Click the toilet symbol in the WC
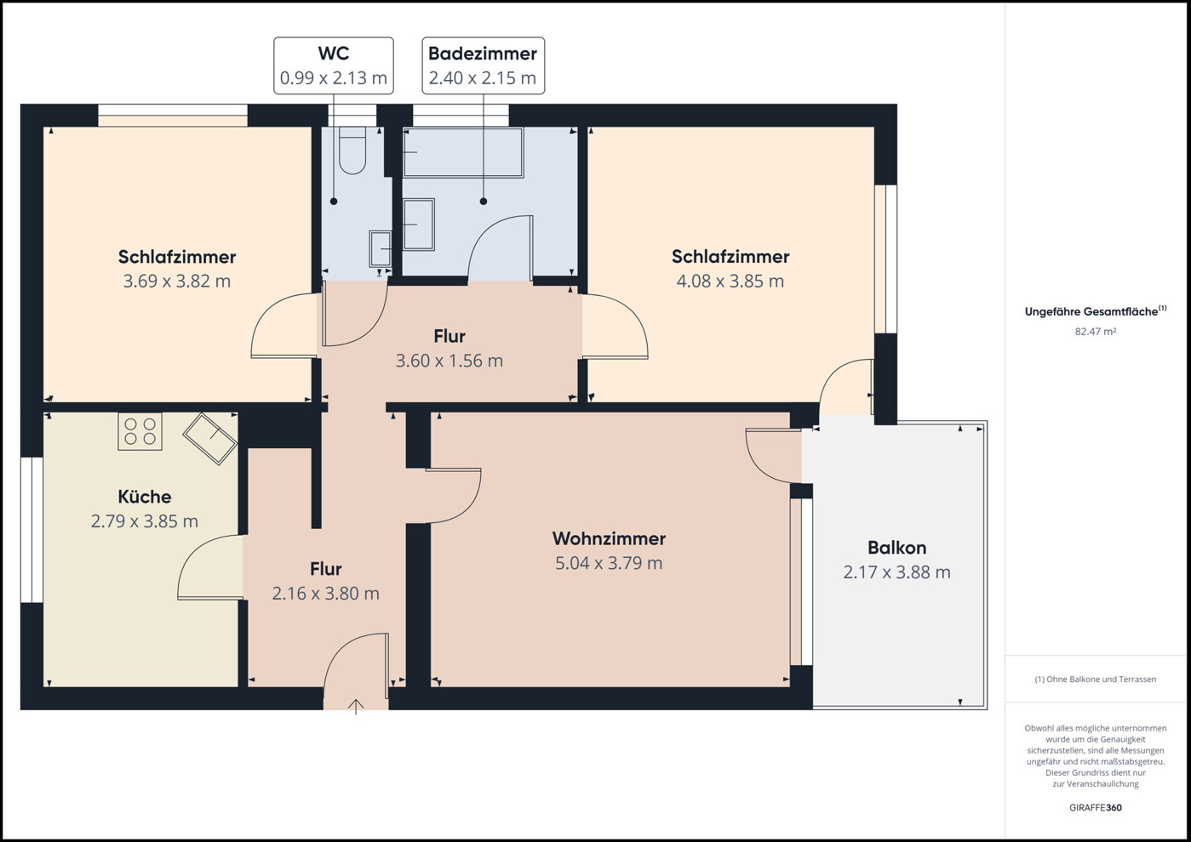352,151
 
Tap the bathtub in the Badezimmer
463,152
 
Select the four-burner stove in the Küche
140,431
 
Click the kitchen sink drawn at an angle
210,439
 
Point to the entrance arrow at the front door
356,707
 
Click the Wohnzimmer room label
609,538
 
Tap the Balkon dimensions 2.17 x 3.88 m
897,572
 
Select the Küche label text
145,497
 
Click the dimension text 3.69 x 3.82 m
177,281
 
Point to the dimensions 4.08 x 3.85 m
730,281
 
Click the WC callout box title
334,54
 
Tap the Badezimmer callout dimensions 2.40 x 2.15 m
483,78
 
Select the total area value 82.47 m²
1096,332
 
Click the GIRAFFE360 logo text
1096,808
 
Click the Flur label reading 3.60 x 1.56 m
449,361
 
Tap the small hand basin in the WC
381,248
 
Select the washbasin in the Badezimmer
419,225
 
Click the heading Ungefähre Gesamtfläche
1096,311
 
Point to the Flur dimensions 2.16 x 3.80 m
326,594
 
